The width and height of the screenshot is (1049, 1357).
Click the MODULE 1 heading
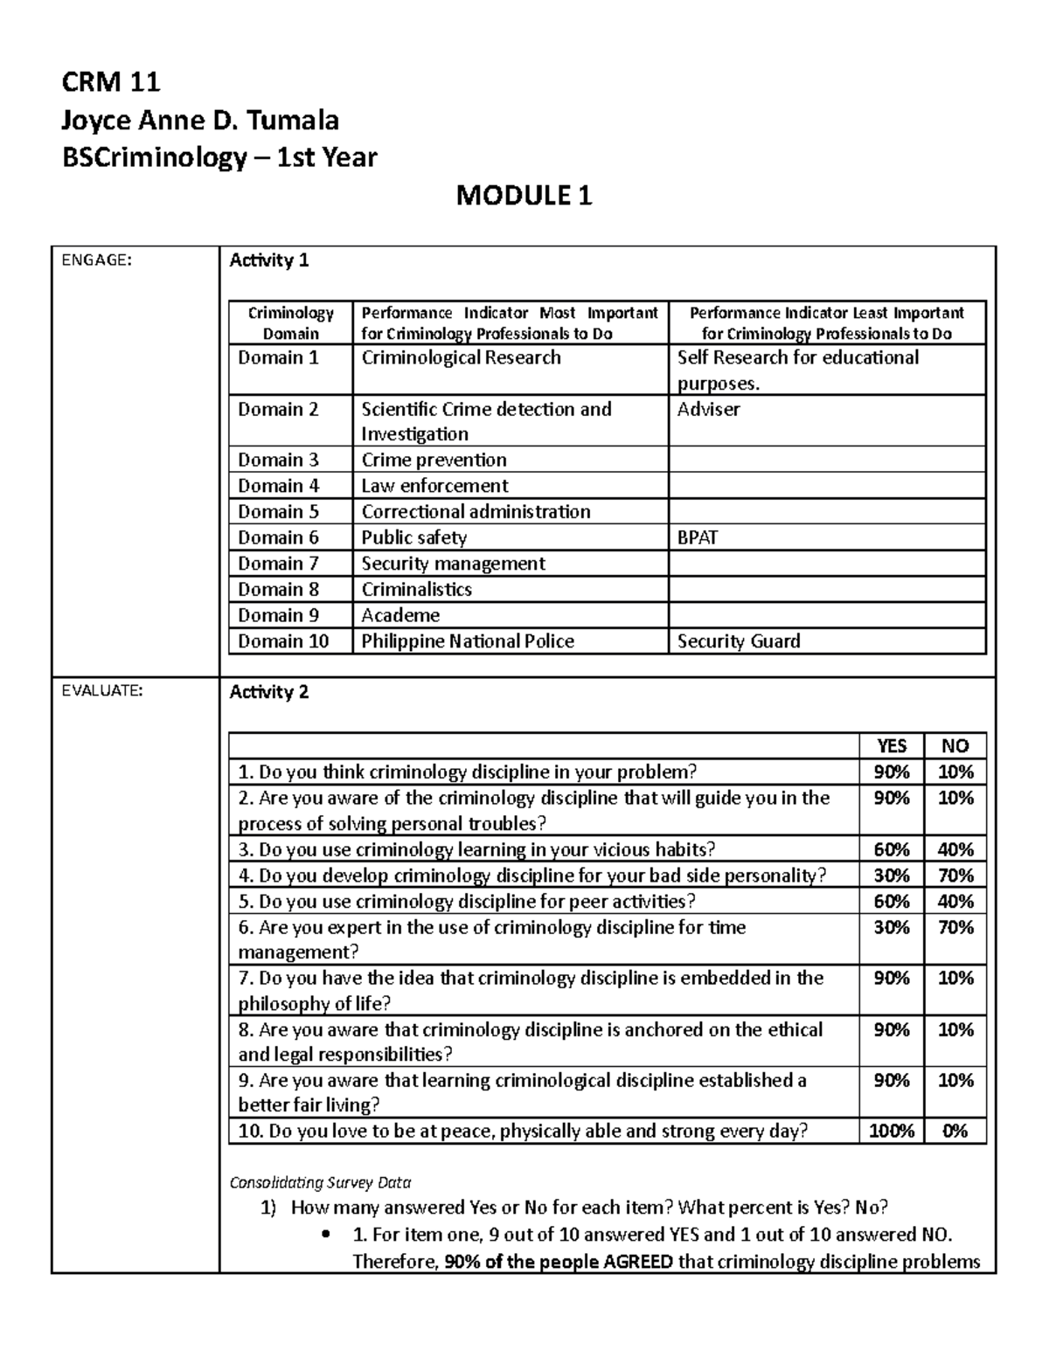point(524,196)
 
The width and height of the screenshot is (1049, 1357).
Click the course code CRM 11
point(110,82)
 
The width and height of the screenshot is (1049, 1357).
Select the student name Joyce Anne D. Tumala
point(200,120)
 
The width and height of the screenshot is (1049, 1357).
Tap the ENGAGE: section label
point(96,259)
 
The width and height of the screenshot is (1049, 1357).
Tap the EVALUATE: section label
point(101,690)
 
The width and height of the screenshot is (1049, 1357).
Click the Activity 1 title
point(268,260)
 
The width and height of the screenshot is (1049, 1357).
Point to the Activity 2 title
point(268,692)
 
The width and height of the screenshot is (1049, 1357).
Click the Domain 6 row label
point(278,537)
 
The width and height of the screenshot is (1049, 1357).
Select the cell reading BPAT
point(697,537)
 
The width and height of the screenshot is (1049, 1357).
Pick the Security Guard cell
point(739,641)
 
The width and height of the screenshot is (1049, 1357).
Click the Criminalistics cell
point(416,590)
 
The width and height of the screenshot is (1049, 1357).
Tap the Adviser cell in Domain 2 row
point(708,409)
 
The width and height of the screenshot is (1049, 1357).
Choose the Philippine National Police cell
point(468,641)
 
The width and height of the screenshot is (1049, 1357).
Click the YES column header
point(892,745)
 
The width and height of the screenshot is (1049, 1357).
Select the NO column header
point(955,745)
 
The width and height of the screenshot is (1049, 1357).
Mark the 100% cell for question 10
point(892,1132)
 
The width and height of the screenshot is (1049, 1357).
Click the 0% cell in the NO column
point(955,1132)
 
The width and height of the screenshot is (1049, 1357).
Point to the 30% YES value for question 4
point(892,876)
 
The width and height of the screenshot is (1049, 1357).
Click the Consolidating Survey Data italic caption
point(320,1182)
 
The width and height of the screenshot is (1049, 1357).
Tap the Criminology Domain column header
point(290,322)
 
